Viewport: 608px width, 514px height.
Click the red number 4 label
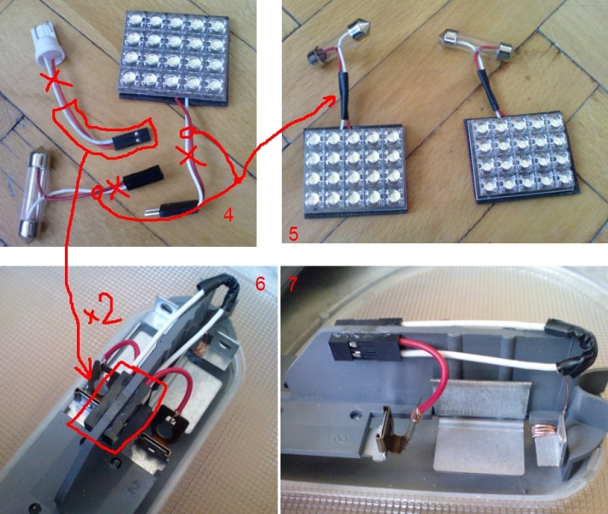[x=229, y=214]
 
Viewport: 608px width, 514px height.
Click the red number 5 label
[x=294, y=234]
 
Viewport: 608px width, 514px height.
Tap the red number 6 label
[x=260, y=284]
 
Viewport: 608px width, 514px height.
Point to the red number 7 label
[x=291, y=284]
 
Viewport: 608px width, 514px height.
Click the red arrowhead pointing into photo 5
[x=330, y=100]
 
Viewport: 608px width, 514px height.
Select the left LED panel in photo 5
[x=355, y=172]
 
